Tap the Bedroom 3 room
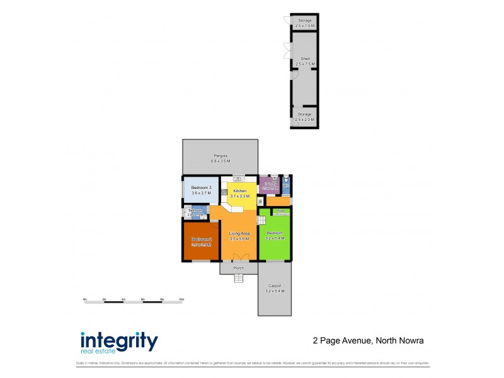pos(201,192)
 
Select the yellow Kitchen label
pos(239,191)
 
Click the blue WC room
pos(286,184)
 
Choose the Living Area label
pos(239,236)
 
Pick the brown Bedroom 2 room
pos(201,240)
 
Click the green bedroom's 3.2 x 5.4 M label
pos(275,239)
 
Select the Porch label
pos(239,268)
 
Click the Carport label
pos(275,286)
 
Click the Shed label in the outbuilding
pos(305,59)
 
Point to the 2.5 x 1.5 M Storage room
pos(305,23)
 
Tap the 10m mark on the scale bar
pos(181,299)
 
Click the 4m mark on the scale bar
pos(123,299)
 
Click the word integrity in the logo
pos(119,341)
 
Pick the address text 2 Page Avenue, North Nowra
pos(368,341)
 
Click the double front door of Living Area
pos(239,258)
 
